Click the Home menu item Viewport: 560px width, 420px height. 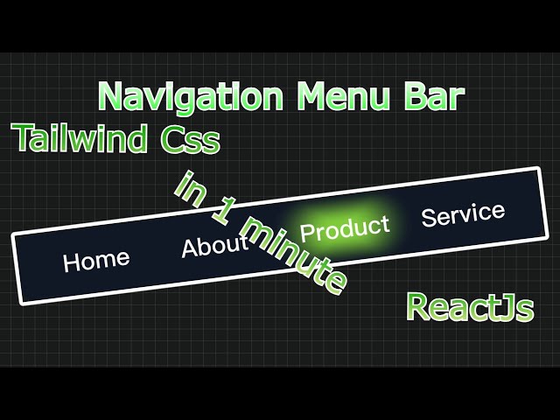click(96, 259)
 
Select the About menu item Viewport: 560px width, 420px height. click(214, 245)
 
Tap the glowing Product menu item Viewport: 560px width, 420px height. click(344, 229)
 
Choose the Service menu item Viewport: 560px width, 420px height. click(463, 213)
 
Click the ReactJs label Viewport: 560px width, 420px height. click(470, 308)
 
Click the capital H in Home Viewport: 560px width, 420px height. click(72, 262)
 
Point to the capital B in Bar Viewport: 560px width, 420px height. click(413, 96)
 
